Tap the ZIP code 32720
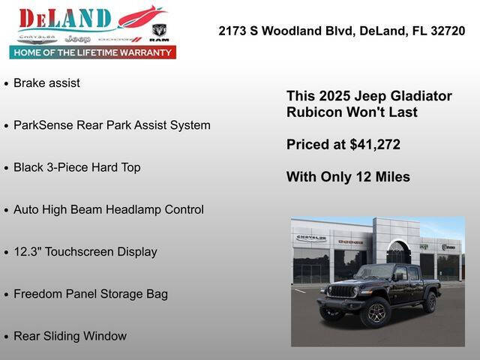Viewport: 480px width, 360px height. point(445,31)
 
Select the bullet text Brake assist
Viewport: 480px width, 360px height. point(46,83)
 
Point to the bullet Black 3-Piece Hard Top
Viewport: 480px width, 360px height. point(76,167)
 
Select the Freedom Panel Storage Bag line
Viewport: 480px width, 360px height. point(90,294)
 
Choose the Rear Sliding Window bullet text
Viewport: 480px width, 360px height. point(70,336)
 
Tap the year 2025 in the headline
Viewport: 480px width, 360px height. point(334,97)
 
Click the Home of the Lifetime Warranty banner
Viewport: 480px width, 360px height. point(93,52)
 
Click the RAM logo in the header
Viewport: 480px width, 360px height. point(159,31)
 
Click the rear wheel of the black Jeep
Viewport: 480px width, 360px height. point(430,301)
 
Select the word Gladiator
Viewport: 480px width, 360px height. point(421,97)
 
